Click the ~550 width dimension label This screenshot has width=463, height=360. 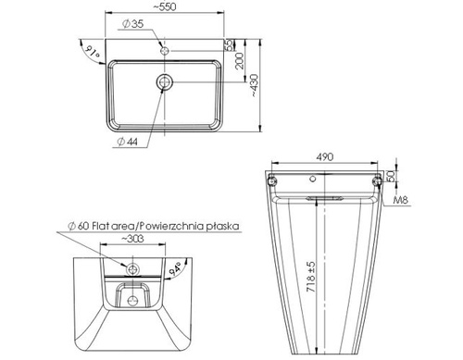click(x=165, y=6)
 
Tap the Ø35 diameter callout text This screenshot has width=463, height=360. click(x=133, y=24)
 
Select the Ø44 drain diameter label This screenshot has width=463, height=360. click(x=128, y=142)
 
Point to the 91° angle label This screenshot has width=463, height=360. click(x=93, y=51)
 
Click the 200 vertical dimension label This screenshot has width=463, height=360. click(x=240, y=61)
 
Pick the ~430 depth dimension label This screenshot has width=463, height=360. click(x=254, y=85)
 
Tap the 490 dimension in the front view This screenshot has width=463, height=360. click(x=325, y=157)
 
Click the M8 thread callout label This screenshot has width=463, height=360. click(x=401, y=200)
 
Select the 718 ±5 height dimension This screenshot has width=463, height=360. click(x=311, y=277)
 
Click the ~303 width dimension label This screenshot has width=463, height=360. click(x=132, y=239)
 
